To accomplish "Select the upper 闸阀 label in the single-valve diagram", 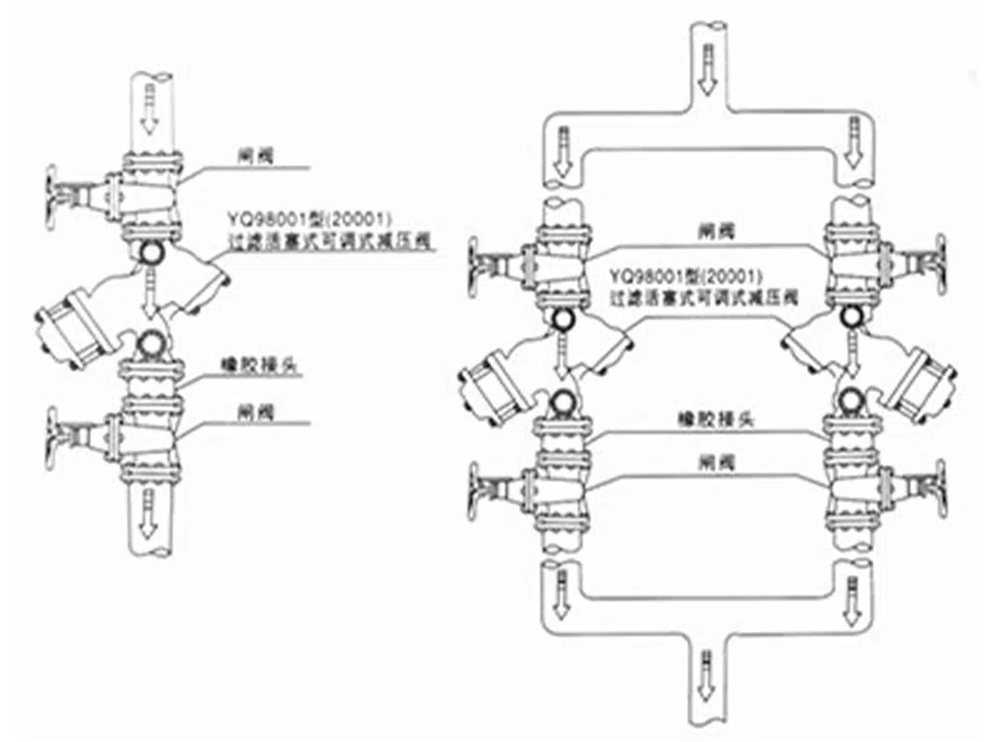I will (249, 154).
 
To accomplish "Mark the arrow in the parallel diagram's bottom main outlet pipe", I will (705, 668).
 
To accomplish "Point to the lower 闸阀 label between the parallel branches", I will (707, 461).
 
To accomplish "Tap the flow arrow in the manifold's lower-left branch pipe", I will (561, 588).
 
